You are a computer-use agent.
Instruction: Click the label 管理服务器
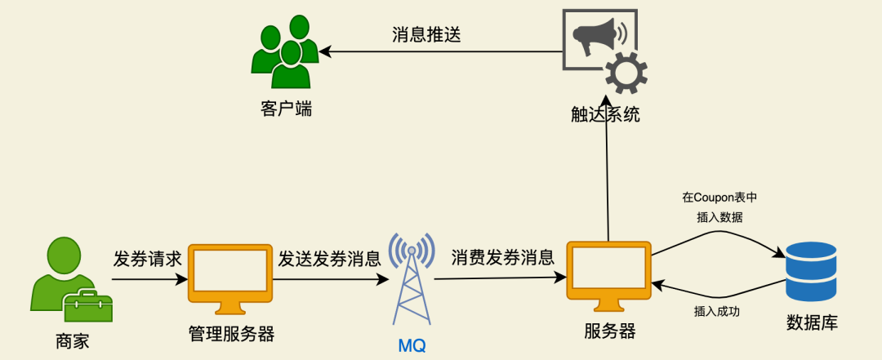point(231,334)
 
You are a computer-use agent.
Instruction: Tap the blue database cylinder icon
point(811,272)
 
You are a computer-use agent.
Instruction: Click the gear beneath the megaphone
point(626,73)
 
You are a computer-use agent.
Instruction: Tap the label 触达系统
point(605,114)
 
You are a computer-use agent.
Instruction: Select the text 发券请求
point(147,260)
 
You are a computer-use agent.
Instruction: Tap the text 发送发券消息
point(329,260)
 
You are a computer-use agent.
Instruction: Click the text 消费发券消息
point(502,258)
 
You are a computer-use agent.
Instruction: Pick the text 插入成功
point(717,311)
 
